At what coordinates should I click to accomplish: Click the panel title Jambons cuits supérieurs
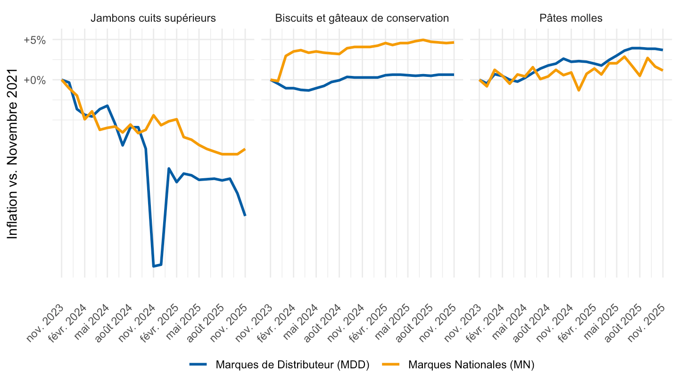coord(153,18)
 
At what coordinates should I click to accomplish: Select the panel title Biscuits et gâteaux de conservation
coord(362,18)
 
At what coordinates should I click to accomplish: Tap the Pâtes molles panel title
coord(571,18)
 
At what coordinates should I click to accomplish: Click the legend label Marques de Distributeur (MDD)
coord(292,365)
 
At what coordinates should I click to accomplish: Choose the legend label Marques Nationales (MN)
coord(471,365)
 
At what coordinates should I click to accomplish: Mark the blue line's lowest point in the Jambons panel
coord(153,266)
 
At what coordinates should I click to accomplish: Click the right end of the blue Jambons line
coord(245,216)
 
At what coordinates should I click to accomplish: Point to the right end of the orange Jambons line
coord(245,149)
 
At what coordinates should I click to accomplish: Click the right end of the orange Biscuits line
coord(454,42)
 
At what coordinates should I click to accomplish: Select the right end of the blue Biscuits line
coord(454,75)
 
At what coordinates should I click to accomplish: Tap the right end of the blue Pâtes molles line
coord(662,50)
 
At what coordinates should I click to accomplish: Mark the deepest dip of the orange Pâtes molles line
coord(579,90)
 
